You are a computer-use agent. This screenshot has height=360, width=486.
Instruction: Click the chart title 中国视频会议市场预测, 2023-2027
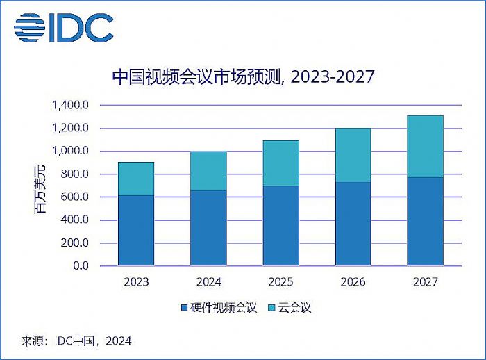(x=243, y=77)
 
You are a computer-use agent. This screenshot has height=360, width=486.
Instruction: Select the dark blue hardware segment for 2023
(x=136, y=230)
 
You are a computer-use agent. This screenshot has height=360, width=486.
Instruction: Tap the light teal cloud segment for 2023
(x=136, y=179)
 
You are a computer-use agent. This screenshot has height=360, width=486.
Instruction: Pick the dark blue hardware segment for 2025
(x=280, y=225)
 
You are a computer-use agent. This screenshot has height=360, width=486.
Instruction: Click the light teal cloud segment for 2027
(x=425, y=146)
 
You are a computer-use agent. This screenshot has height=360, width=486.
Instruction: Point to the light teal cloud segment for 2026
(x=353, y=155)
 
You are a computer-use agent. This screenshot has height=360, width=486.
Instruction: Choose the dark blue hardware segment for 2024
(x=208, y=227)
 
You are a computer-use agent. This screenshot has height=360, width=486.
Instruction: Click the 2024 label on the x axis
(x=208, y=282)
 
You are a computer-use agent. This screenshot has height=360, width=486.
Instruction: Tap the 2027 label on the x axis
(x=425, y=282)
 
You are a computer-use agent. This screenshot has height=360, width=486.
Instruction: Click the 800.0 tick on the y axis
(x=75, y=174)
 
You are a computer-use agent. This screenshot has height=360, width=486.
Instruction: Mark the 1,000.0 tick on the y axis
(x=71, y=152)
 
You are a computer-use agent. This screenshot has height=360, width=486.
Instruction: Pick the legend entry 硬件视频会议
(x=217, y=306)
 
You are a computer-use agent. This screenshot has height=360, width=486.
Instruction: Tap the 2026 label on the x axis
(x=353, y=282)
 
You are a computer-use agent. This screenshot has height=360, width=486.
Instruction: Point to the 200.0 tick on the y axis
(x=75, y=243)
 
